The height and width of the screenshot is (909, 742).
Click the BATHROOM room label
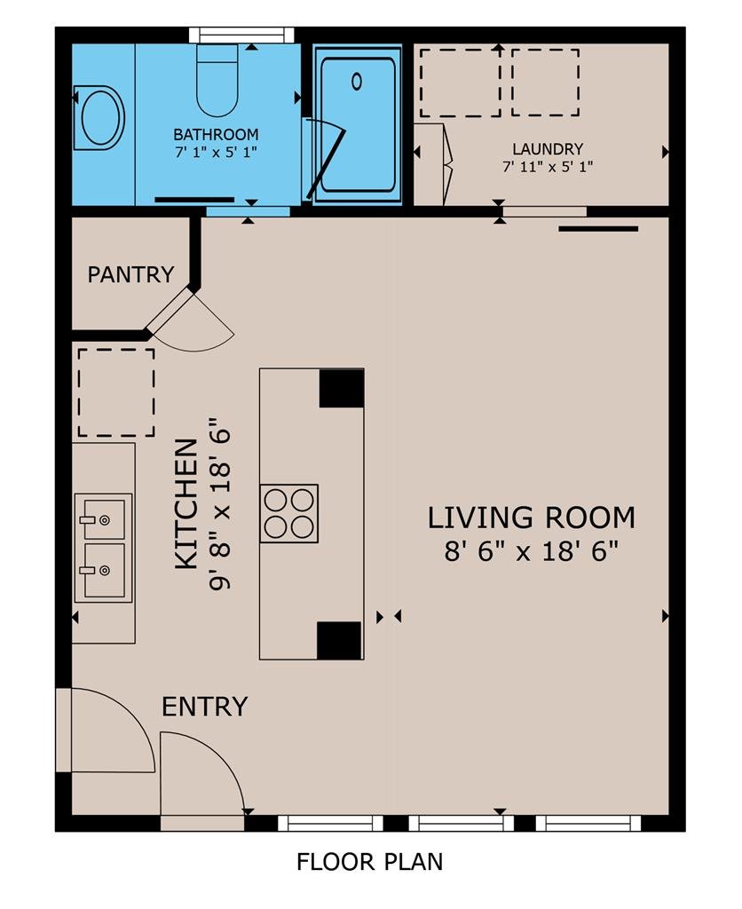[216, 135]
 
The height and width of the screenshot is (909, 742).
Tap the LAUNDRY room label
[548, 149]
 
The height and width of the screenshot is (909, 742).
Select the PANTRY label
[130, 274]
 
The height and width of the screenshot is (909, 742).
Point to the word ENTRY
[205, 707]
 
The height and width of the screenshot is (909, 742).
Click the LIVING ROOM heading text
[532, 518]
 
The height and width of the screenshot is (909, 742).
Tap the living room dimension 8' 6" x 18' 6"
[532, 550]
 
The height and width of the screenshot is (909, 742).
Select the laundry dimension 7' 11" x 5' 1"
[548, 168]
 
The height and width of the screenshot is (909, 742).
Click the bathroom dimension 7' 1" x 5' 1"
[216, 153]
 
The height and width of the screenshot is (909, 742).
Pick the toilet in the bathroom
[217, 80]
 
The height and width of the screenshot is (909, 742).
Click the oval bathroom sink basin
[103, 118]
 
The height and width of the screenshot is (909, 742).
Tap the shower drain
[357, 82]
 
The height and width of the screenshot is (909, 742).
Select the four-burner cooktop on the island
[289, 513]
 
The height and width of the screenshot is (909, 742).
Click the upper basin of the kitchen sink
[103, 519]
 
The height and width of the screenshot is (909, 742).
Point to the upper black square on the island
[342, 389]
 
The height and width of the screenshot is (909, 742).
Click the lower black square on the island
[339, 641]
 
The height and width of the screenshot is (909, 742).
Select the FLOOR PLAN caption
[370, 862]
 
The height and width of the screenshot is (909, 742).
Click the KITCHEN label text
[186, 504]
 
